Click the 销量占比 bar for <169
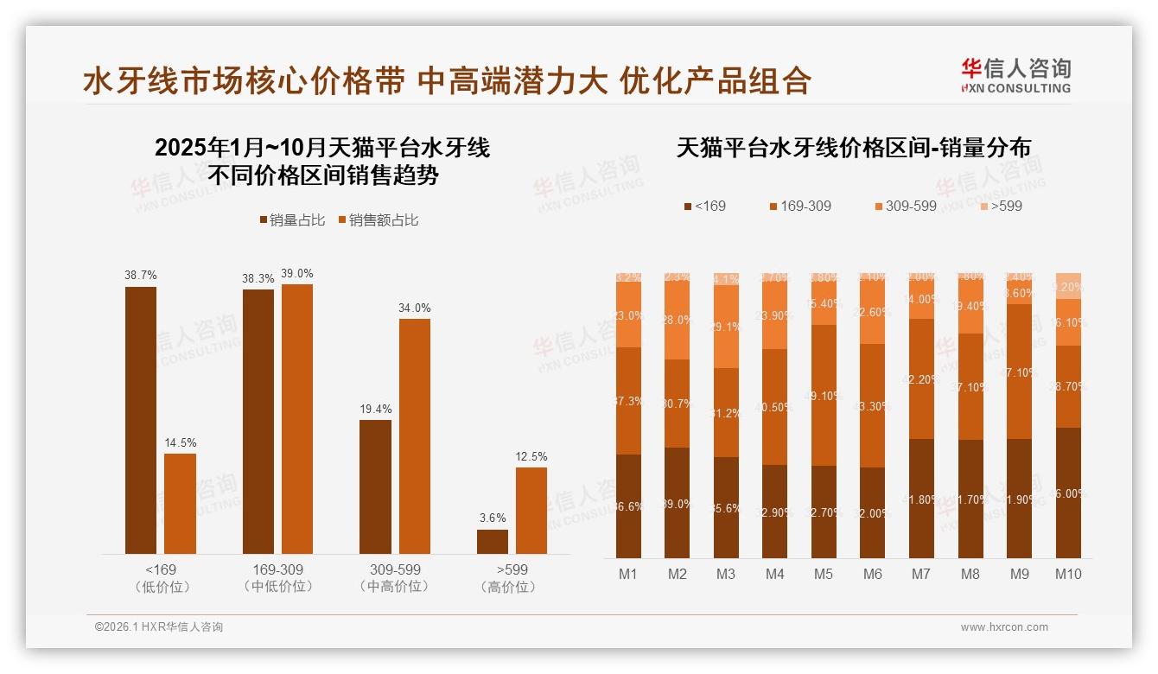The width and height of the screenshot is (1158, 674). tap(141, 420)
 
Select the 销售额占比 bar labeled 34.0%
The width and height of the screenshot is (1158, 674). tap(414, 436)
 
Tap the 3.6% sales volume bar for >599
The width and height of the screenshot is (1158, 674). tap(493, 542)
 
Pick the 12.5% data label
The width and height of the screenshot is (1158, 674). tap(531, 456)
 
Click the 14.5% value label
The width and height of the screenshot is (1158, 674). tap(180, 442)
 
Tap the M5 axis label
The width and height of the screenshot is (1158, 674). tap(824, 574)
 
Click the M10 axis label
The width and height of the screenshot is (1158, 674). tap(1068, 574)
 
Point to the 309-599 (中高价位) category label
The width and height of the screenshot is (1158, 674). tap(395, 578)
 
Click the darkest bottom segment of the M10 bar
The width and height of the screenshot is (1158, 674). tap(1068, 493)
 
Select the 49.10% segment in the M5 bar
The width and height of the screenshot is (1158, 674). tap(824, 396)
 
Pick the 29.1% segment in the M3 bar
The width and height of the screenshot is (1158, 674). tap(726, 327)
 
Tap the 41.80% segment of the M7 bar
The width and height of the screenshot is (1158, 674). tap(921, 499)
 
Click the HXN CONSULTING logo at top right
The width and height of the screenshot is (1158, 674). tap(1015, 75)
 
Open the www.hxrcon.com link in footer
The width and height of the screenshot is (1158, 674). tap(1004, 627)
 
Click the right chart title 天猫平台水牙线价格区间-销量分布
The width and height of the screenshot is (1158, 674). tap(853, 148)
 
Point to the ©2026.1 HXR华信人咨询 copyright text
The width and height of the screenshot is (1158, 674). tap(158, 627)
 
